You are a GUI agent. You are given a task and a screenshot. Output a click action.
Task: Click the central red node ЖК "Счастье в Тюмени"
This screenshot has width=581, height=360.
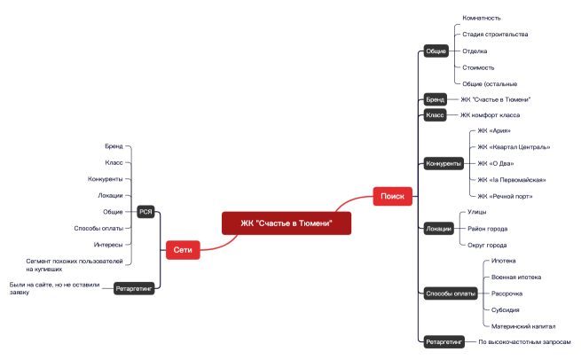pyautogui.click(x=286, y=223)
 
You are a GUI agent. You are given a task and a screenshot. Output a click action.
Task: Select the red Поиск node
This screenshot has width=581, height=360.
pyautogui.click(x=392, y=196)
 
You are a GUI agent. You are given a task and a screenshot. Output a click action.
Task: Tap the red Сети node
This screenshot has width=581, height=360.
pyautogui.click(x=183, y=251)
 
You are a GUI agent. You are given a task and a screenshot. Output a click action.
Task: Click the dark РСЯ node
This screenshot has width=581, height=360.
pyautogui.click(x=146, y=211)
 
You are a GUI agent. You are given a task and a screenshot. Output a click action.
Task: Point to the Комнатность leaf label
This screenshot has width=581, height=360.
pyautogui.click(x=482, y=18)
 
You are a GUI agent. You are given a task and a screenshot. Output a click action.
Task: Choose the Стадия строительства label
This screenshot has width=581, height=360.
pyautogui.click(x=495, y=35)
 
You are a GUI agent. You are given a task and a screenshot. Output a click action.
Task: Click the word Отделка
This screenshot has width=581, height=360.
pyautogui.click(x=475, y=51)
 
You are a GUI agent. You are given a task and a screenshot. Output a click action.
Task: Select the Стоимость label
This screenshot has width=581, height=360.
pyautogui.click(x=478, y=67)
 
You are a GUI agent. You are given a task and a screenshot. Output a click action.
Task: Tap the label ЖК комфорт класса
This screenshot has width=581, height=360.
pyautogui.click(x=490, y=115)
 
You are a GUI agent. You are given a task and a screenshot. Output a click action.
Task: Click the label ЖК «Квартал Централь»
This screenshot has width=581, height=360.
pyautogui.click(x=513, y=147)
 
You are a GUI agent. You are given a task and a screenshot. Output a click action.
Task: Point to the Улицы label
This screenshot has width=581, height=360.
pyautogui.click(x=476, y=212)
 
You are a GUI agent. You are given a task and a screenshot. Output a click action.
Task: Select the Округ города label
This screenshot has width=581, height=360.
pyautogui.click(x=487, y=245)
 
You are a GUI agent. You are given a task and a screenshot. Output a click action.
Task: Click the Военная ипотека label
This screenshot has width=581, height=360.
pyautogui.click(x=515, y=278)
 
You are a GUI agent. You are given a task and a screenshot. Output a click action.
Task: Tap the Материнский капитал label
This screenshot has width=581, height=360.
pyautogui.click(x=523, y=326)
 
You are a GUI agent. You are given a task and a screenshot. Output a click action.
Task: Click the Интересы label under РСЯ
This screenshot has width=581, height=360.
pyautogui.click(x=108, y=244)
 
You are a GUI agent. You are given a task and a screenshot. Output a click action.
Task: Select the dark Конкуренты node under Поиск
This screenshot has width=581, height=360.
pyautogui.click(x=444, y=163)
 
